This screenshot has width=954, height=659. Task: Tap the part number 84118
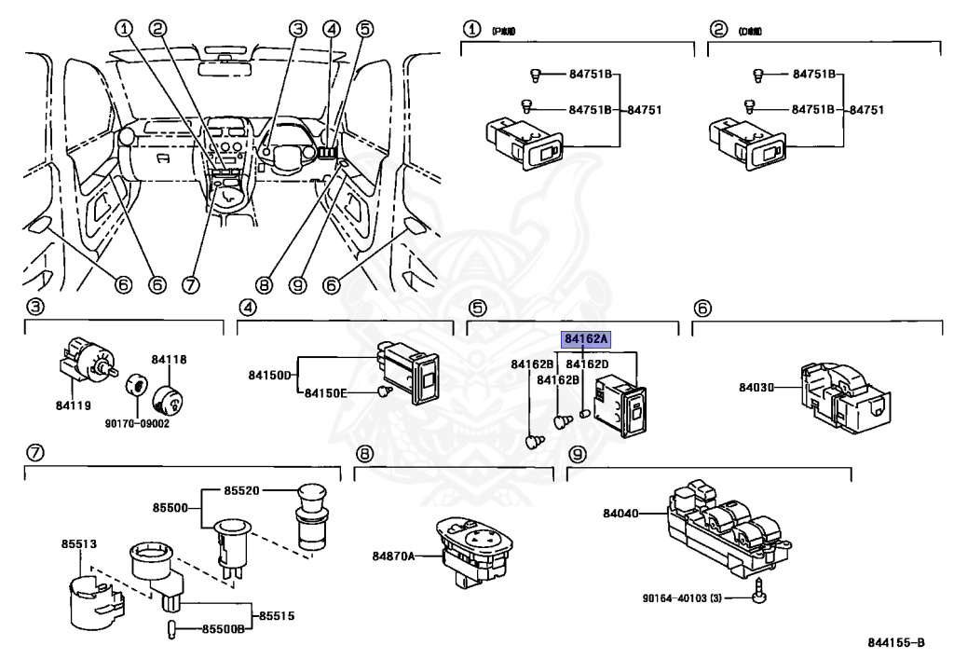(170, 358)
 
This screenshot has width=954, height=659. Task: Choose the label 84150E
(326, 394)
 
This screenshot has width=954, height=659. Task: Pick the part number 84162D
(588, 363)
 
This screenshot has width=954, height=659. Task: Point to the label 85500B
(224, 630)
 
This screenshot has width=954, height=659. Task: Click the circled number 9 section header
(578, 454)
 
